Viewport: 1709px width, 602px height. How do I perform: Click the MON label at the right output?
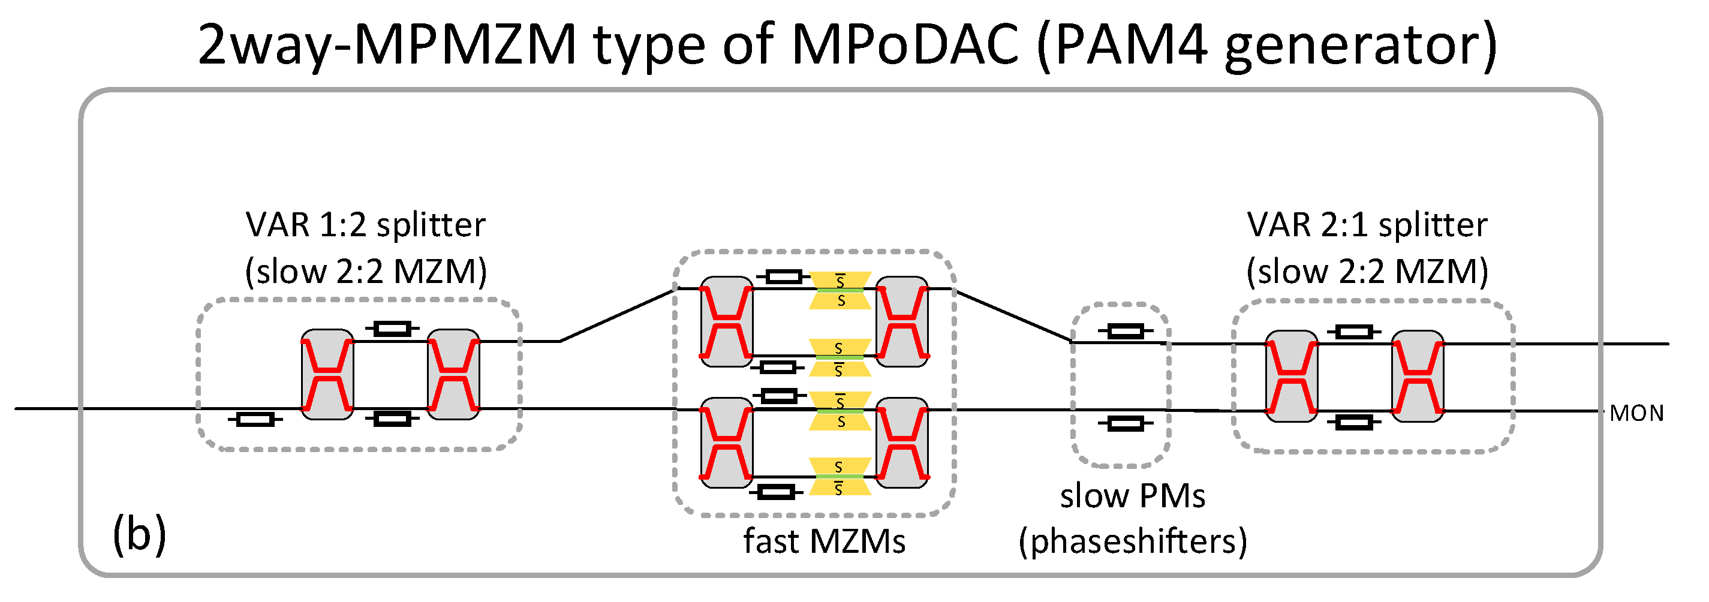(x=1636, y=414)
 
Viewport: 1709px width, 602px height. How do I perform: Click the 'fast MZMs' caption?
(x=824, y=541)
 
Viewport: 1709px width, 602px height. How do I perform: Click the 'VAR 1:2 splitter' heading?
(x=366, y=225)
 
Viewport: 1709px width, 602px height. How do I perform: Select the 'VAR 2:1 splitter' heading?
(x=1367, y=225)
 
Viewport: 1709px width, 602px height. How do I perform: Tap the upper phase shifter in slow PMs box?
(x=1125, y=331)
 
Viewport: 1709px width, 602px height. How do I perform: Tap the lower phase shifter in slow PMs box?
(x=1125, y=423)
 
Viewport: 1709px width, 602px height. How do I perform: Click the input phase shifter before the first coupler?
(x=255, y=420)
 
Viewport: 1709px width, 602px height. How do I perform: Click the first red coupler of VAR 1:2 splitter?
(x=327, y=375)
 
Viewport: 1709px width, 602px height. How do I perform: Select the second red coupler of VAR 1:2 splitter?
(x=453, y=375)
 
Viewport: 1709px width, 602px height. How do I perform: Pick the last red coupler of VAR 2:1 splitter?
(x=1417, y=377)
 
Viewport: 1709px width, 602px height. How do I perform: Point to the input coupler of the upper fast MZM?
(x=726, y=322)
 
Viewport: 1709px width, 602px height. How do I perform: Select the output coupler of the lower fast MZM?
(x=902, y=443)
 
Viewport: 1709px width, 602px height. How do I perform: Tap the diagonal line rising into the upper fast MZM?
(x=617, y=315)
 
